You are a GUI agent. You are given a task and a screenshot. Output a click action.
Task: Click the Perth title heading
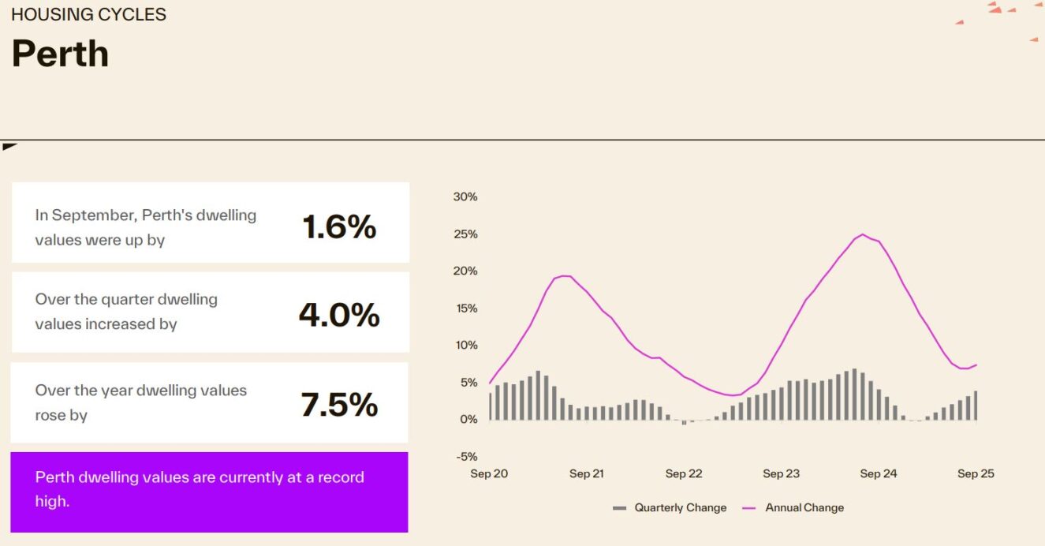pyautogui.click(x=60, y=54)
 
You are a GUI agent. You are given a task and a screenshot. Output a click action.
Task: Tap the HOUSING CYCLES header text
pyautogui.click(x=88, y=15)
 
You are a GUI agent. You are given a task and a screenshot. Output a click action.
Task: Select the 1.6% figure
pyautogui.click(x=339, y=227)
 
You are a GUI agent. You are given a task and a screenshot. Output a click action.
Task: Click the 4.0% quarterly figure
pyautogui.click(x=339, y=315)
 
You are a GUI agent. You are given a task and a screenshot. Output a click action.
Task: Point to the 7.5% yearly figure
pyautogui.click(x=339, y=405)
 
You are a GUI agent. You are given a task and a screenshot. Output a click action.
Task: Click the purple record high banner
pyautogui.click(x=209, y=491)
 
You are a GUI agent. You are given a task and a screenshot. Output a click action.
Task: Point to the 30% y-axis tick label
pyautogui.click(x=465, y=196)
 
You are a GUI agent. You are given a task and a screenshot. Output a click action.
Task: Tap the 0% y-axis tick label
pyautogui.click(x=468, y=419)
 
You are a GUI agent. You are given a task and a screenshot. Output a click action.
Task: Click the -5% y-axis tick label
pyautogui.click(x=465, y=456)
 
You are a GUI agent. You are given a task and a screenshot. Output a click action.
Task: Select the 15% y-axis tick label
pyautogui.click(x=465, y=308)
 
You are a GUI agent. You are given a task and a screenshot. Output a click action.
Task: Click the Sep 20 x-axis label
pyautogui.click(x=489, y=473)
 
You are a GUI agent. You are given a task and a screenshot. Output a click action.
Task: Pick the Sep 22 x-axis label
pyautogui.click(x=684, y=473)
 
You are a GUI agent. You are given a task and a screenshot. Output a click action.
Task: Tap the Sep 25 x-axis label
pyautogui.click(x=976, y=473)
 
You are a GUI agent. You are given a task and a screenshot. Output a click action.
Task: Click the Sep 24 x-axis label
pyautogui.click(x=879, y=473)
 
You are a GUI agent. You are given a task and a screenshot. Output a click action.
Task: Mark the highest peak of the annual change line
pyautogui.click(x=863, y=234)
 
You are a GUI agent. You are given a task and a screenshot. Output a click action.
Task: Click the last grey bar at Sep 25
pyautogui.click(x=976, y=406)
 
